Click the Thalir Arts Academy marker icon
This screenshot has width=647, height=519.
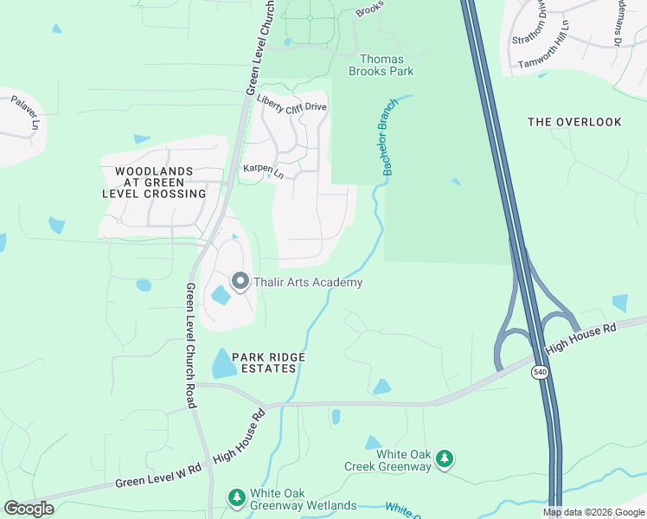(x=240, y=281)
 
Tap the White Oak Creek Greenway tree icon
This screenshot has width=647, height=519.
(x=445, y=458)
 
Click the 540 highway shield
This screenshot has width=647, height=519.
(x=540, y=372)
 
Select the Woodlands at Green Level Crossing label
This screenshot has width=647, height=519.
(x=153, y=183)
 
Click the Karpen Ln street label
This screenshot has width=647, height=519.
(x=263, y=170)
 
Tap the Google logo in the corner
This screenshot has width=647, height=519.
(x=29, y=509)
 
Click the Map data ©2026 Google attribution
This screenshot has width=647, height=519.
(x=593, y=512)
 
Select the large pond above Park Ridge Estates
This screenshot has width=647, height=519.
(x=223, y=363)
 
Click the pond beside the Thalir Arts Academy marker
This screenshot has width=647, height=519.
(x=220, y=296)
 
